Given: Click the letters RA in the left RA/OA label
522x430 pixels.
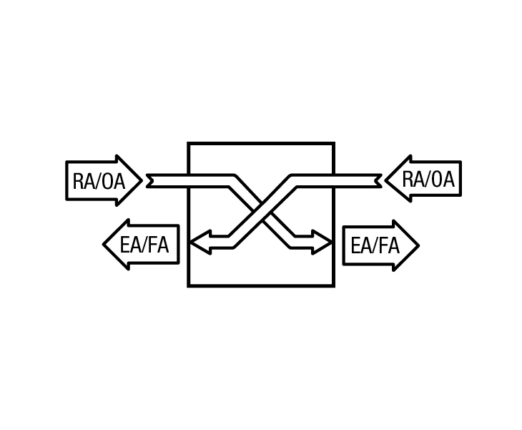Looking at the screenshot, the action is pos(84,181).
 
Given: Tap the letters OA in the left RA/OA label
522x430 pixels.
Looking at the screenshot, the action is pos(112,181).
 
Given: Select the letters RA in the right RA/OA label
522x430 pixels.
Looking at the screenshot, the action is pos(414,179).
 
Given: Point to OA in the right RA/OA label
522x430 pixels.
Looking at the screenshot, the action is pos(442,179).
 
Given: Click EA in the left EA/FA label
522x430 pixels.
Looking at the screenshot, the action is pos(131,245).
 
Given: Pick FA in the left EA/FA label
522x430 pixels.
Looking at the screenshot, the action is pos(158,245).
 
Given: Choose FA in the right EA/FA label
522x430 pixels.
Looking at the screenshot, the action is pos(389,246).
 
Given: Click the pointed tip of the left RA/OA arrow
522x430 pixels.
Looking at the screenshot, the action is pos(142,180).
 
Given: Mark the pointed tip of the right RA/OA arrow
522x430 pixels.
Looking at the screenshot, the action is pos(385,180).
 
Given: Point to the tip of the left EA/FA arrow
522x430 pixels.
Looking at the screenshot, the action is pos(103,245).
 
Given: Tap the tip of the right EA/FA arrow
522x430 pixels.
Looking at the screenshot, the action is pos(418,246).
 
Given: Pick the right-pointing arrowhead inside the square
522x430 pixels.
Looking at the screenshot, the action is pos(322,243).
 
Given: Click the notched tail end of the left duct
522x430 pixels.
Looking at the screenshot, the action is pos(149,181).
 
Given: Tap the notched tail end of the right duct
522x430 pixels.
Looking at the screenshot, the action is pos(379,181).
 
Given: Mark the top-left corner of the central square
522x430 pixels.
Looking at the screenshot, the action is pos(189,144).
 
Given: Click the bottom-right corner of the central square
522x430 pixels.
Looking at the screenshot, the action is pos(333,285).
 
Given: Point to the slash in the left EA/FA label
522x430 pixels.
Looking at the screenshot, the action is pos(145,245).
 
